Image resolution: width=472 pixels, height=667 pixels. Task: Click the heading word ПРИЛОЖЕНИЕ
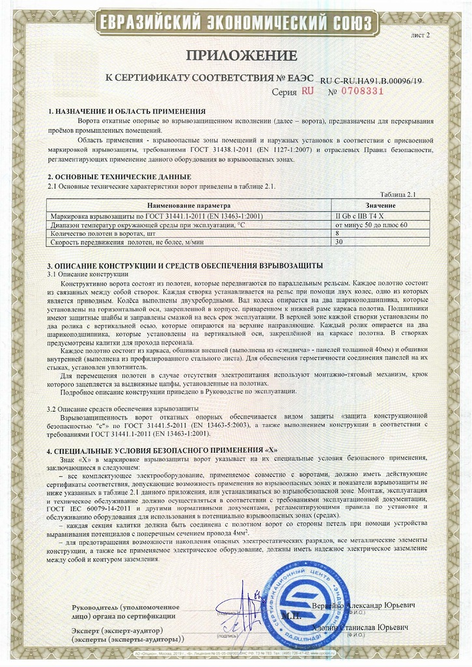click(x=236, y=55)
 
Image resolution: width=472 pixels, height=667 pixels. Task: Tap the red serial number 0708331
click(x=357, y=91)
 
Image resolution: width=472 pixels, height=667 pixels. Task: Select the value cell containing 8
click(x=337, y=233)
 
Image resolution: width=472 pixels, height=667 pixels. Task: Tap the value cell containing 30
click(x=339, y=241)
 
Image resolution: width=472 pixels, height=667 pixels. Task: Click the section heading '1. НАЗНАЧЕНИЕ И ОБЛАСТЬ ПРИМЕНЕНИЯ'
click(x=127, y=111)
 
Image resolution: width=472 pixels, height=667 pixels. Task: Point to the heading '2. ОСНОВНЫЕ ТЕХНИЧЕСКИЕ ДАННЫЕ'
click(x=120, y=177)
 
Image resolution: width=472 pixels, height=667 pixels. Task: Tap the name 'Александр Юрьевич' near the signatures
click(x=384, y=606)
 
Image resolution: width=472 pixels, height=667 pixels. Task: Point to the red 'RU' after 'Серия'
click(x=307, y=91)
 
